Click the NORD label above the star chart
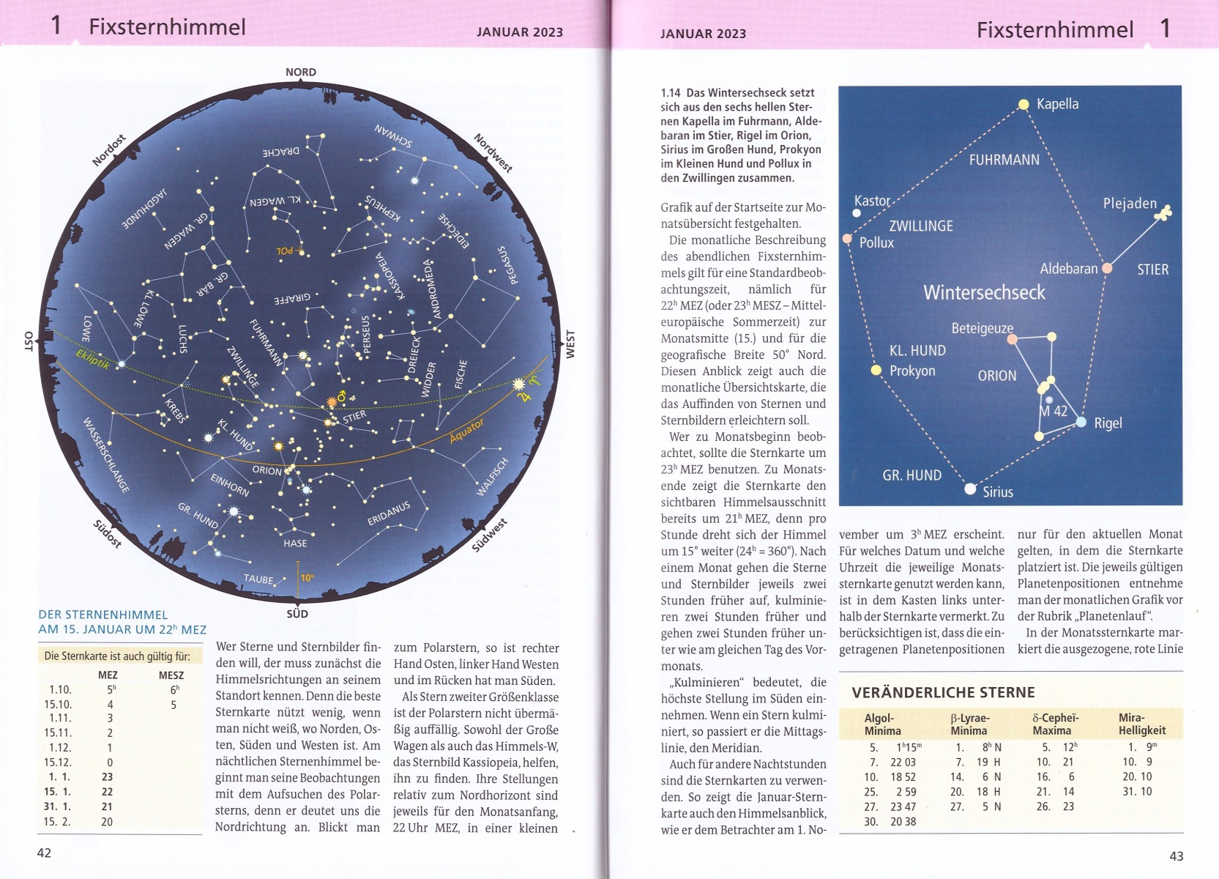click(300, 72)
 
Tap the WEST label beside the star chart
click(570, 344)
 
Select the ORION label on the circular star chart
click(266, 470)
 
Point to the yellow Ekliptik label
click(92, 358)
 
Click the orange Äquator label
click(466, 431)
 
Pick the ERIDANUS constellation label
click(389, 513)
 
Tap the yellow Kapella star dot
click(1024, 105)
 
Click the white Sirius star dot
click(970, 489)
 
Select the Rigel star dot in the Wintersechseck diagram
click(1081, 422)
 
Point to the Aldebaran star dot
click(1107, 268)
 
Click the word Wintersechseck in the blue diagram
click(984, 292)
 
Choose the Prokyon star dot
click(876, 370)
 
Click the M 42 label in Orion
click(1054, 411)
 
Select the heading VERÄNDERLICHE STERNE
click(943, 692)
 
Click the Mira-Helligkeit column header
click(1141, 724)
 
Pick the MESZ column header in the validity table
click(171, 675)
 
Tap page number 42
click(44, 853)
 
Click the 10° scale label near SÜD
click(307, 577)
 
